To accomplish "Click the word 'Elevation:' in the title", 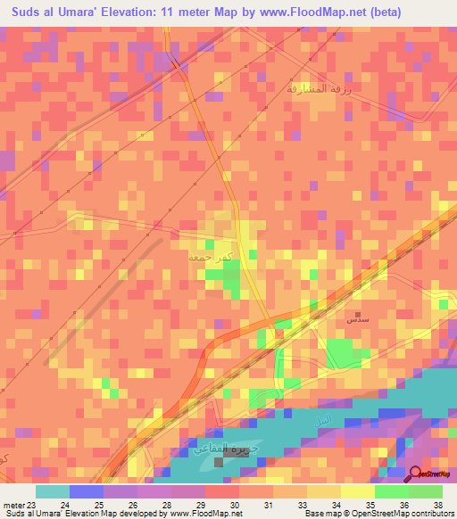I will click(x=148, y=12).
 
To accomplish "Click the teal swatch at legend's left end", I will click(x=52, y=491).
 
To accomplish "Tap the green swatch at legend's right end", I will click(x=426, y=491).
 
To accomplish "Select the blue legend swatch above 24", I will click(x=86, y=491).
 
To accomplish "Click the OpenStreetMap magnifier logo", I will click(x=416, y=475).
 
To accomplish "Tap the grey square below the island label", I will click(x=220, y=462).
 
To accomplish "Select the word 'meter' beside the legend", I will click(x=12, y=504).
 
